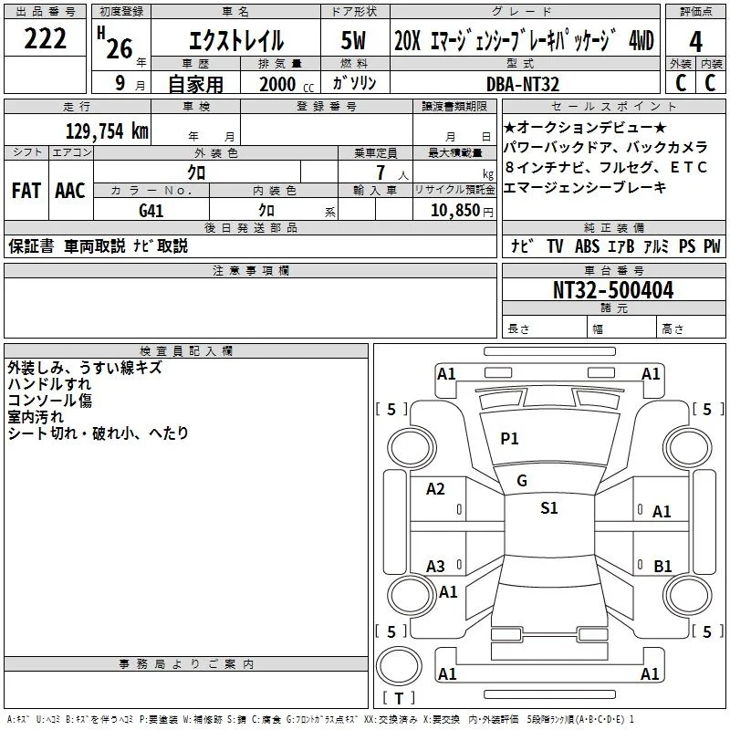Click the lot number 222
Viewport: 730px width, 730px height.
pyautogui.click(x=45, y=38)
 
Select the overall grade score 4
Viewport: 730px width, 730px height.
pyautogui.click(x=695, y=42)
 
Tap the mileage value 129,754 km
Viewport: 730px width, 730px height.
pyautogui.click(x=107, y=131)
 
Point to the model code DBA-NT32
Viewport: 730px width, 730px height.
pyautogui.click(x=523, y=84)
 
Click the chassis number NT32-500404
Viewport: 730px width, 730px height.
pyautogui.click(x=613, y=290)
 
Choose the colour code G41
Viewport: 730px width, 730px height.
pyautogui.click(x=151, y=211)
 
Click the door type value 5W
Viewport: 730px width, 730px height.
pyautogui.click(x=353, y=40)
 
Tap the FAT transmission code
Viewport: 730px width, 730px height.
pyautogui.click(x=26, y=191)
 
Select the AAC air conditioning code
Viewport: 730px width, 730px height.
pyautogui.click(x=70, y=191)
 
